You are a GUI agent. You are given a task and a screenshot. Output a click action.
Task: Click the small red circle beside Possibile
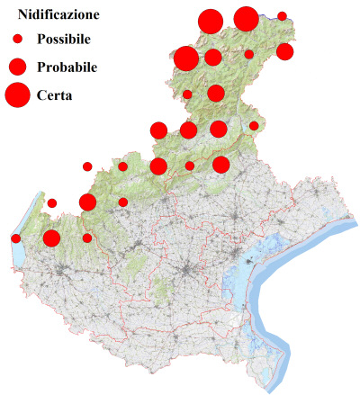[16, 40]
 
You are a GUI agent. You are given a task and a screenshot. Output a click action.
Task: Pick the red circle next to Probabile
[16, 67]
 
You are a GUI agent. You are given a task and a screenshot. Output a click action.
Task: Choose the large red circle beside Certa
[16, 94]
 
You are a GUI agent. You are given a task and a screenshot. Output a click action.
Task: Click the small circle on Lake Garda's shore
[16, 238]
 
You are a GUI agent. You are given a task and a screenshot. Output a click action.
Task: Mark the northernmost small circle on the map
[282, 16]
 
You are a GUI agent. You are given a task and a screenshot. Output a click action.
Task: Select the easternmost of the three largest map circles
[246, 18]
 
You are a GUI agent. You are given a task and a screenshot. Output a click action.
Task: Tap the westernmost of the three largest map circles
[186, 58]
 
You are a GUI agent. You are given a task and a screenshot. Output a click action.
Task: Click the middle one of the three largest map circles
[211, 22]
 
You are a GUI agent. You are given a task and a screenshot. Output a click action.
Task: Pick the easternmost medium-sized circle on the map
[284, 52]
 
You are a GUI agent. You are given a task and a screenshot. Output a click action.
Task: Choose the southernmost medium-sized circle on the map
[51, 238]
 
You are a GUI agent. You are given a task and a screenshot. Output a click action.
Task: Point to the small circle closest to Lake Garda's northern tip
[52, 203]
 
